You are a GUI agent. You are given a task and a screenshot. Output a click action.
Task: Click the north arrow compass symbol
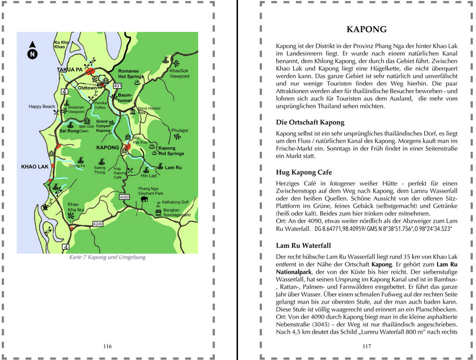click(32, 51)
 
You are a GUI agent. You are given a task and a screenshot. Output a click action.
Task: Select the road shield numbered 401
click(118, 86)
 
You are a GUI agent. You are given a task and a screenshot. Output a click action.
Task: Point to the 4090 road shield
click(124, 198)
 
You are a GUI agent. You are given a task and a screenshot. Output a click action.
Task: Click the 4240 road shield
click(98, 224)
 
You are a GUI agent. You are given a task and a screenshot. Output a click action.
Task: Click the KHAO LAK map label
click(35, 166)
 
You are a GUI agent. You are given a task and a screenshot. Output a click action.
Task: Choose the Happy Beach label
click(42, 106)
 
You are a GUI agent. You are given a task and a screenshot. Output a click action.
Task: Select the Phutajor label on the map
click(179, 131)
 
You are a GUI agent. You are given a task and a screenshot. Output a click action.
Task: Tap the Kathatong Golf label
click(175, 202)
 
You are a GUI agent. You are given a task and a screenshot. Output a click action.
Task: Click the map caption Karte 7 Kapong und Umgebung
click(107, 257)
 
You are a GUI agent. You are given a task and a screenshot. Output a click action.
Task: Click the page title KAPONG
click(366, 29)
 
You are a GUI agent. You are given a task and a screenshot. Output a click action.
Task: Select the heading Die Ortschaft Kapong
click(310, 123)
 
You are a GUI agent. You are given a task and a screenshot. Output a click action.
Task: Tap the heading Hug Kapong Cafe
click(304, 172)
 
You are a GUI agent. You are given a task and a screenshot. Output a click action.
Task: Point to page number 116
click(107, 346)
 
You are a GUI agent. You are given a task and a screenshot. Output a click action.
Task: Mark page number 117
click(366, 346)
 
